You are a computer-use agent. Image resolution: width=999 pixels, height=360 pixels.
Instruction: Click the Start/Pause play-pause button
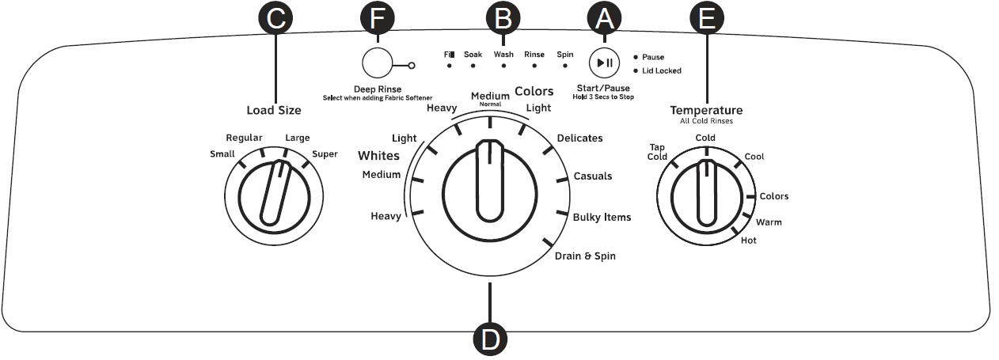coord(604,63)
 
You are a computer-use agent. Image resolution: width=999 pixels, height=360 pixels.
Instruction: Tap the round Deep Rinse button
coord(378,63)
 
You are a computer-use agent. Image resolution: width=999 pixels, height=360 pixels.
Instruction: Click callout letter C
coord(275,18)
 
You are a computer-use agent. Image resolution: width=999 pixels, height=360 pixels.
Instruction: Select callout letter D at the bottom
coord(490,339)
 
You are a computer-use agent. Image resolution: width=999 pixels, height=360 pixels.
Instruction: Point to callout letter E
coord(706,18)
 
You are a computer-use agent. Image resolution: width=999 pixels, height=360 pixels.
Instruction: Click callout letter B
coord(503,18)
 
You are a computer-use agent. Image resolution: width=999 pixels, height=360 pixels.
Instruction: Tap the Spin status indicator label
coord(564,54)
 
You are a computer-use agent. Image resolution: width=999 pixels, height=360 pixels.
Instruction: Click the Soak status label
coord(473,54)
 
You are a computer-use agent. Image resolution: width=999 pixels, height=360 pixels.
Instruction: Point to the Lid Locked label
coord(662,70)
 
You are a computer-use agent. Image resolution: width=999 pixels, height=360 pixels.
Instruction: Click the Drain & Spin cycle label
coord(584,256)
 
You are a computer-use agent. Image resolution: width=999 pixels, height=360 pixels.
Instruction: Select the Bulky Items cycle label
coord(602,217)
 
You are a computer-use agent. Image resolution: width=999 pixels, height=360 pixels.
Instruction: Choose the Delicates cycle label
coord(579,138)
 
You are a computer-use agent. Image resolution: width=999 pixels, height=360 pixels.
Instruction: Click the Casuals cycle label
coord(592,176)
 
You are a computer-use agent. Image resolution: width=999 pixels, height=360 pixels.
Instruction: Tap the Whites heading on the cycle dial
coord(378,155)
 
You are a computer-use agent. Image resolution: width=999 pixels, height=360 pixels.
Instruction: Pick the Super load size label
coord(325,153)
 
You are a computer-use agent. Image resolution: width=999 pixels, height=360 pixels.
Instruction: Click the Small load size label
coord(222,153)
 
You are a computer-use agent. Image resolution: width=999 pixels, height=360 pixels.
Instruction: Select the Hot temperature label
coord(748,240)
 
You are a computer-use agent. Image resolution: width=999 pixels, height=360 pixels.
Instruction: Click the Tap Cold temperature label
coord(658,151)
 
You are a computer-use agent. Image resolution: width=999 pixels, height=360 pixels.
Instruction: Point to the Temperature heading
coord(706,110)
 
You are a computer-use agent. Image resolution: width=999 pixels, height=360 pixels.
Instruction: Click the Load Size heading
coord(274,111)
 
